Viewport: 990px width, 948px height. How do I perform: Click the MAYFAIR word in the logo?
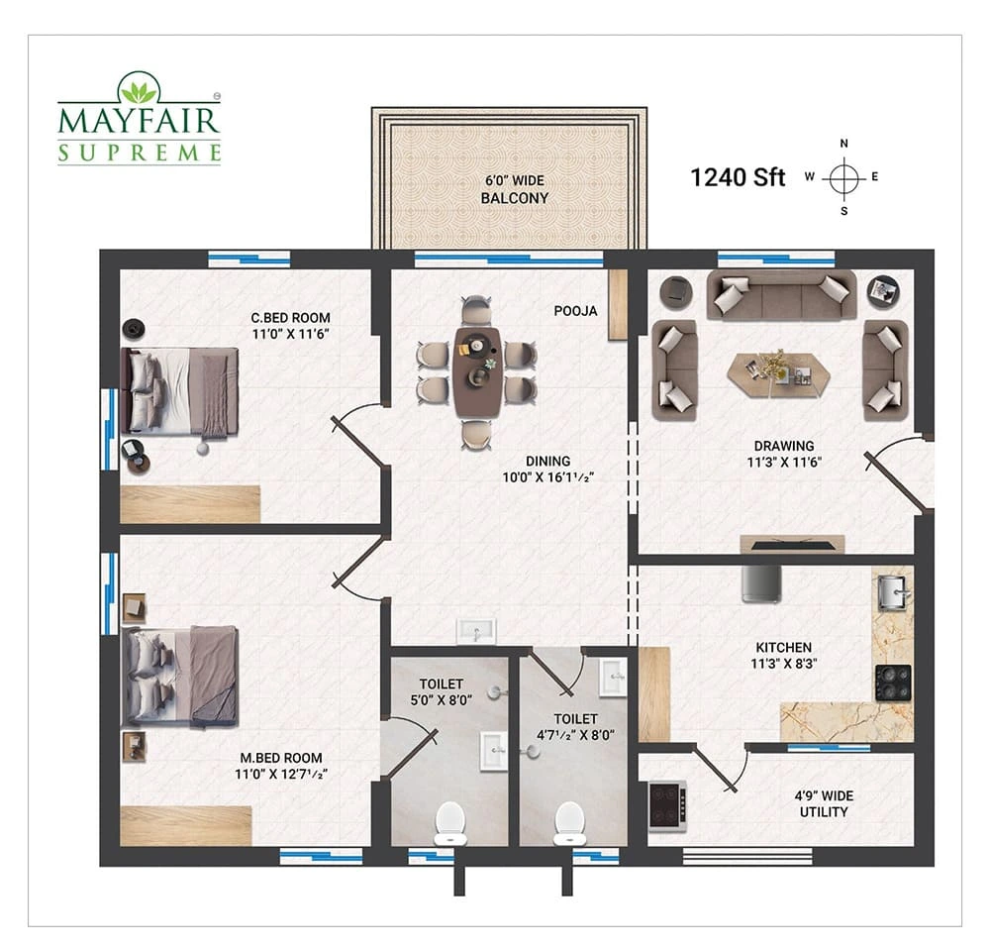pyautogui.click(x=139, y=121)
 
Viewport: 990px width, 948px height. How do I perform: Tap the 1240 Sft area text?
pyautogui.click(x=738, y=177)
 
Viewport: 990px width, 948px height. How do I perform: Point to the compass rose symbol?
pyautogui.click(x=843, y=177)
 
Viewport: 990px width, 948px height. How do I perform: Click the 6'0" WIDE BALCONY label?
pyautogui.click(x=515, y=189)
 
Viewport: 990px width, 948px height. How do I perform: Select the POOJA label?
pyautogui.click(x=575, y=311)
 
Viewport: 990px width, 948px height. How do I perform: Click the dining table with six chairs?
pyautogui.click(x=477, y=372)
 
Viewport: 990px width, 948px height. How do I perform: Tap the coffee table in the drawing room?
pyautogui.click(x=779, y=374)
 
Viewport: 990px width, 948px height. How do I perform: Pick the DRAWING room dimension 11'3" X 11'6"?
pyautogui.click(x=784, y=463)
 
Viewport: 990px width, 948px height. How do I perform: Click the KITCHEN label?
pyautogui.click(x=784, y=648)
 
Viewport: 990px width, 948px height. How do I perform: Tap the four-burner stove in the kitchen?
pyautogui.click(x=893, y=684)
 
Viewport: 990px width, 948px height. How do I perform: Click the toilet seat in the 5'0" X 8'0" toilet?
pyautogui.click(x=450, y=823)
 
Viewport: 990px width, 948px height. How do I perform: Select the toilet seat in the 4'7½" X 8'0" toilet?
pyautogui.click(x=569, y=823)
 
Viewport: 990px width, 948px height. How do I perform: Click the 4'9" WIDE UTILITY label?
pyautogui.click(x=824, y=804)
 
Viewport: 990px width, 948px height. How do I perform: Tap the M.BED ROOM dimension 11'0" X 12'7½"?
pyautogui.click(x=281, y=775)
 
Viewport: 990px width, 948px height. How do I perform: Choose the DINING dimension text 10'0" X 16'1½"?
pyautogui.click(x=548, y=477)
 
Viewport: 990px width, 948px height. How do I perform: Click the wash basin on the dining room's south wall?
pyautogui.click(x=477, y=631)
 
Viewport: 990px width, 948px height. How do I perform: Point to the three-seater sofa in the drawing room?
pyautogui.click(x=782, y=295)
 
